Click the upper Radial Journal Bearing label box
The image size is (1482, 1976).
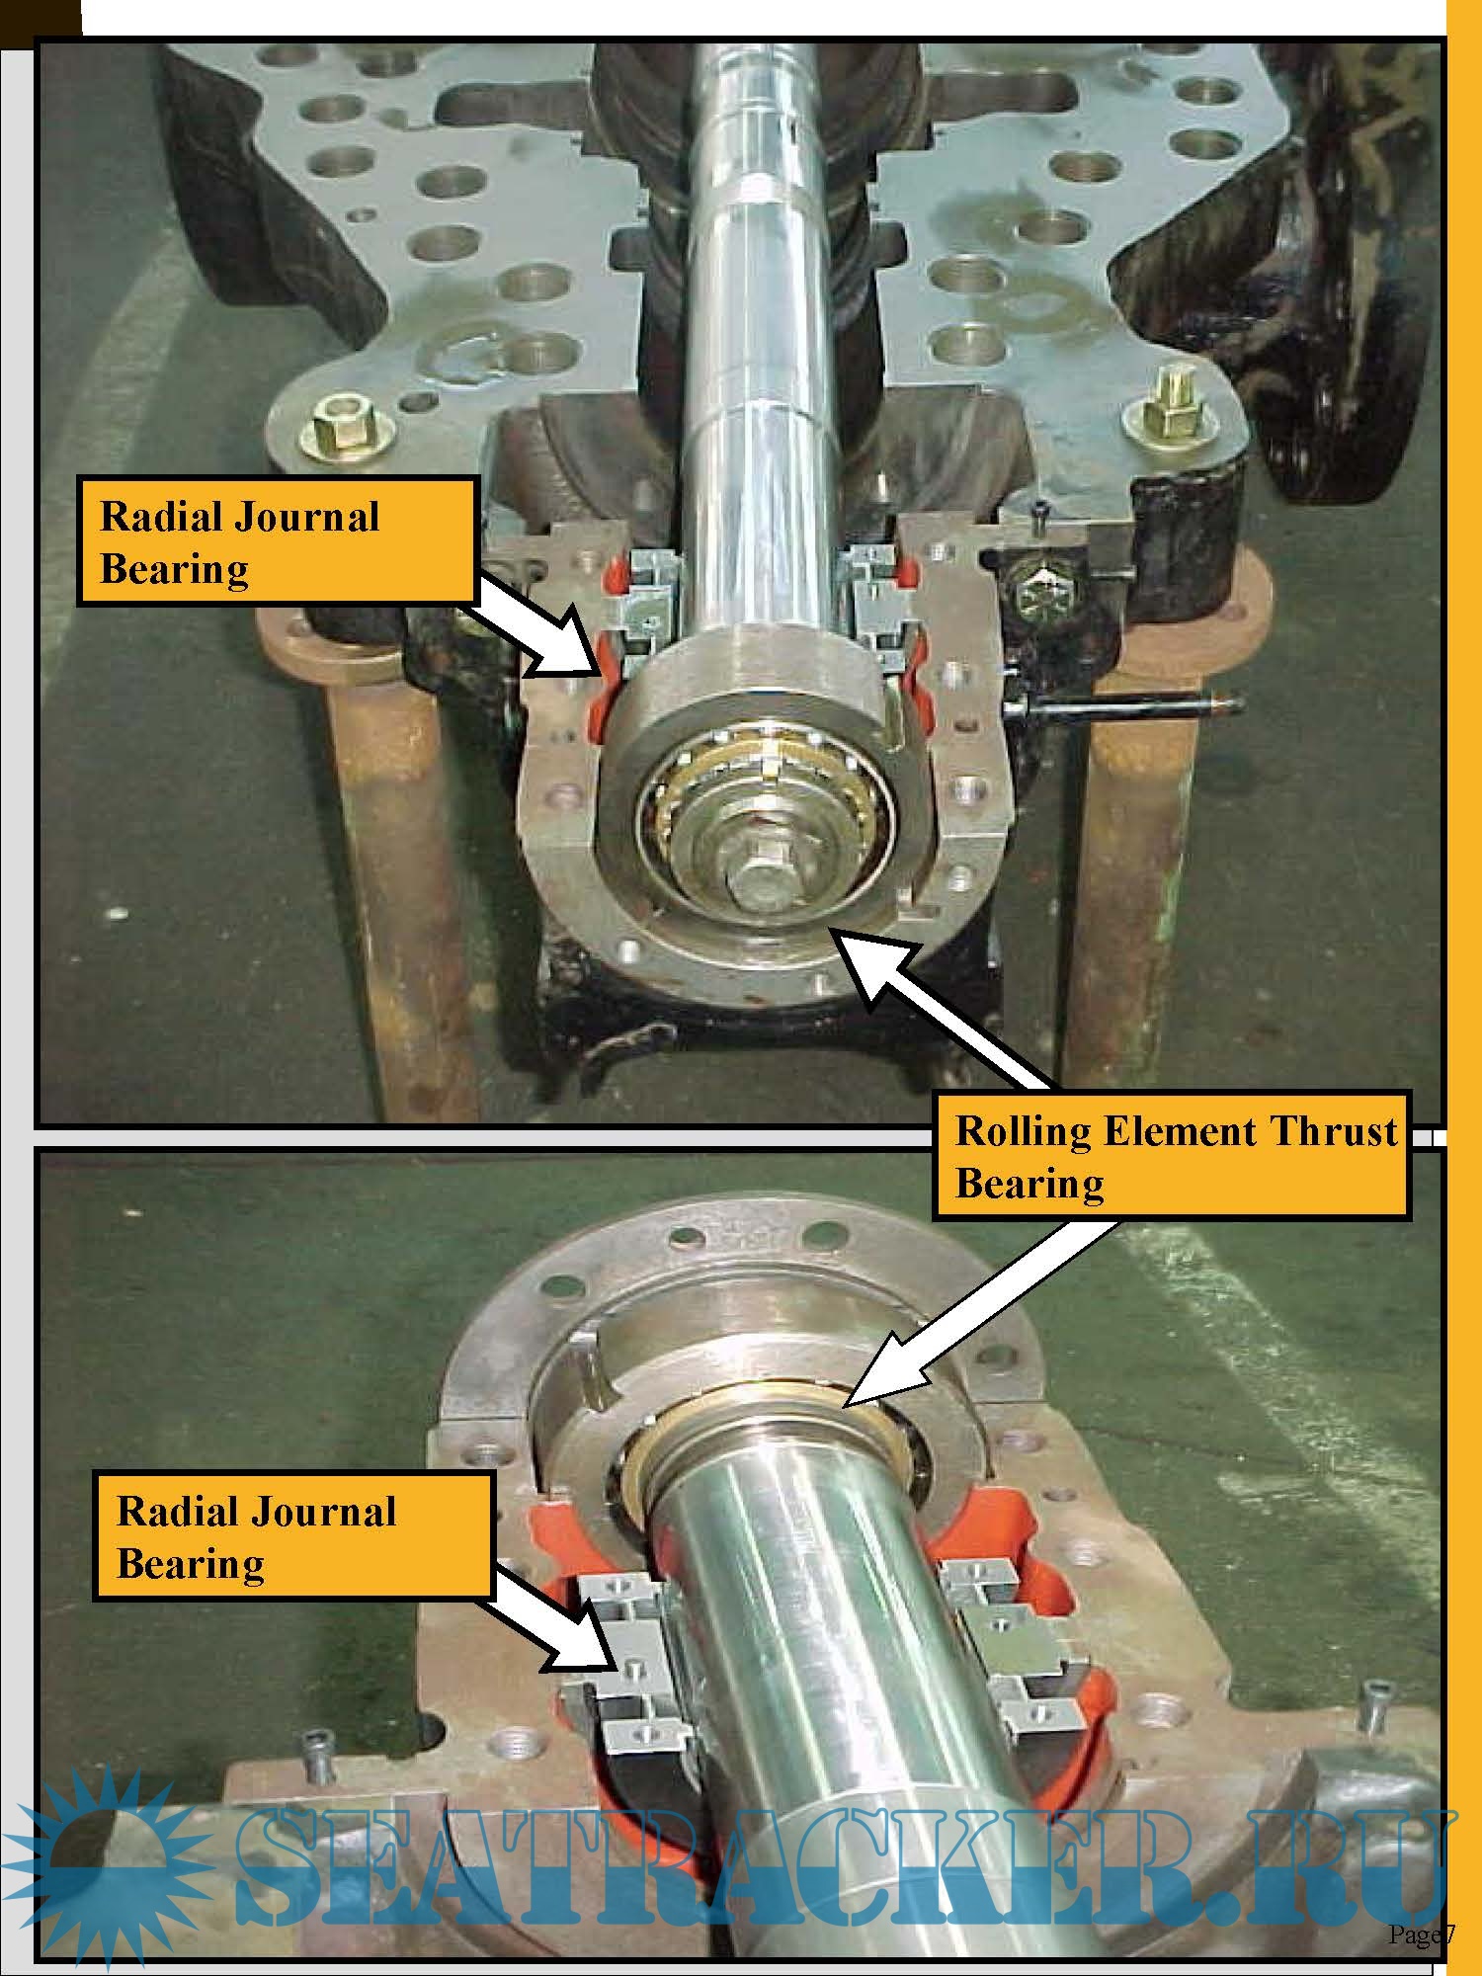click(x=278, y=541)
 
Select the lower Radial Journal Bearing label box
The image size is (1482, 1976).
click(x=293, y=1536)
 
